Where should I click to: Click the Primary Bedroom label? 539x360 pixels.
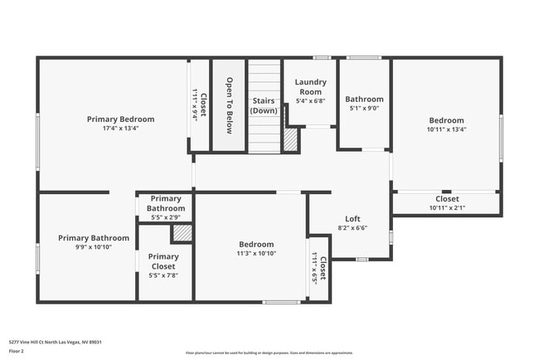(120, 119)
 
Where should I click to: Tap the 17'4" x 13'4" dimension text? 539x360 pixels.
(120, 129)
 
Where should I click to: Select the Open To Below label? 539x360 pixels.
(230, 105)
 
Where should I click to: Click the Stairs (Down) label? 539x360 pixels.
(264, 105)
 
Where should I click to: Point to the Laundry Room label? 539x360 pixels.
(311, 86)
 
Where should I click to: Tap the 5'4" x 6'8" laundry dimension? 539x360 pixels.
(311, 101)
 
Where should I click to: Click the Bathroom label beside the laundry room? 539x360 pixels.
(364, 99)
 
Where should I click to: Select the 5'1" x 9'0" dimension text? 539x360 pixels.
(364, 108)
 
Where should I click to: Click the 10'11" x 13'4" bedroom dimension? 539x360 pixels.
(446, 129)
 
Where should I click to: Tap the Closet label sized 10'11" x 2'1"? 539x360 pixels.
(447, 199)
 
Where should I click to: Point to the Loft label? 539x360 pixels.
(352, 218)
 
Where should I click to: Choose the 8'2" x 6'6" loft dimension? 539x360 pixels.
(352, 228)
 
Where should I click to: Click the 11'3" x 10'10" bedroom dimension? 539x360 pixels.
(256, 254)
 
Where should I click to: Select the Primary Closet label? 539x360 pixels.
(163, 261)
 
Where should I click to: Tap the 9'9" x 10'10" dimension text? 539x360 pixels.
(93, 247)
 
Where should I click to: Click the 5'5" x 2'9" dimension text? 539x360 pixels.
(166, 217)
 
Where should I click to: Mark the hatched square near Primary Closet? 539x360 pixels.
(182, 233)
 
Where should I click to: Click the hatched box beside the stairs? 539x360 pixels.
(290, 139)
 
